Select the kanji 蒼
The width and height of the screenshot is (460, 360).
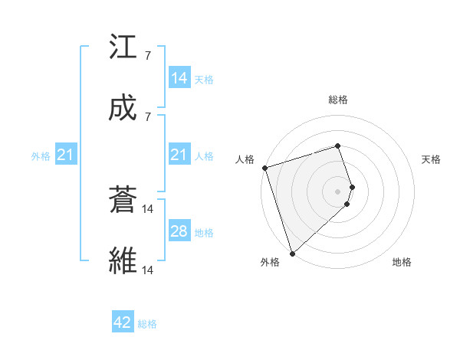point(123,201)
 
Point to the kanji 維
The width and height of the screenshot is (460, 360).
point(123,262)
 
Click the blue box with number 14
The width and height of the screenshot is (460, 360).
point(179,78)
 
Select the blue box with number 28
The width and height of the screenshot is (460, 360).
point(179,232)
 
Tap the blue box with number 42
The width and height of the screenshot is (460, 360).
point(123,322)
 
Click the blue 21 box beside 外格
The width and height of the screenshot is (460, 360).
point(66,155)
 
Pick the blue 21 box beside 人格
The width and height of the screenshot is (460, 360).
point(179,155)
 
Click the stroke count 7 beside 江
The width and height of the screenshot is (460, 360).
point(147,56)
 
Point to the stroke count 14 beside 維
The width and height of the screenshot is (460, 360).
point(148,270)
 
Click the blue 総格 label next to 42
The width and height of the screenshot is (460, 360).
point(147,324)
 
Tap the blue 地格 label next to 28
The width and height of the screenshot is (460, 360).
point(204,233)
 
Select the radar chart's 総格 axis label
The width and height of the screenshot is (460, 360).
point(338,100)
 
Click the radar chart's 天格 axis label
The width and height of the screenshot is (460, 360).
point(432,159)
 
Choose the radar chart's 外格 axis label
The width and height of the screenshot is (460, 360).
point(270,262)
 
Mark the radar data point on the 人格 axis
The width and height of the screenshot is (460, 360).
point(264,168)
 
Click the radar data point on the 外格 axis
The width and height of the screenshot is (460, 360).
point(292,253)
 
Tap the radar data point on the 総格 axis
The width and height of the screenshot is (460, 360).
point(338,146)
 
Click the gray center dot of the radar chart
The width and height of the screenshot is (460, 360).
point(338,191)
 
